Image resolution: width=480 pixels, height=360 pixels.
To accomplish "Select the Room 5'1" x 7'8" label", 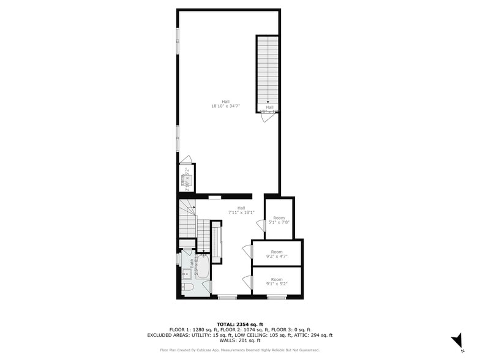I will pos(279,220).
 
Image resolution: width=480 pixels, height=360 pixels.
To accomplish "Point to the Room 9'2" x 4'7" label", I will pos(277,254).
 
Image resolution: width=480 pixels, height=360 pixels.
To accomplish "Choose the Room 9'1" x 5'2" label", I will pos(277,282).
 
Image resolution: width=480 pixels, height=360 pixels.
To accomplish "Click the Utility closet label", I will pos(184,180).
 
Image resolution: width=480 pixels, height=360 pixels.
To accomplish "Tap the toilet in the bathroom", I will pos(188,287).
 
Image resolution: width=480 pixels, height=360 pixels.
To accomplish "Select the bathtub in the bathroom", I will pos(203,272).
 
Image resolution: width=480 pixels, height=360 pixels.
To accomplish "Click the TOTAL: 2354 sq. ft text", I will pos(240,324).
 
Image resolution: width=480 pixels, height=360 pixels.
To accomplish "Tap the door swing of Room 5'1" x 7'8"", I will pos(260,226).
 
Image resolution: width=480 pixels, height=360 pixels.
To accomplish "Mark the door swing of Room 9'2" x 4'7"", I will pos(247,251).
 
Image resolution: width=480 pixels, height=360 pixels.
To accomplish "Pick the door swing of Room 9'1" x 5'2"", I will pos(247,281).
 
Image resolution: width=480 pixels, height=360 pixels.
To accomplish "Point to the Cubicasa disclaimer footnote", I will pos(240,350).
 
